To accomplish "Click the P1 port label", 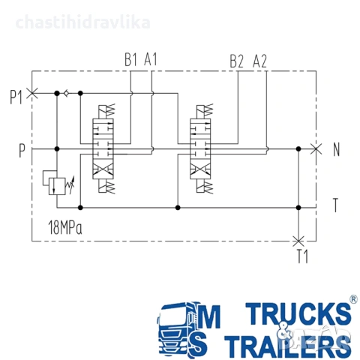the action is coord(16,97).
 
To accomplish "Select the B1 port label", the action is coord(130,59).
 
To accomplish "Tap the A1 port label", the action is coord(151,59).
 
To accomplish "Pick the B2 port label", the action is coord(236,61).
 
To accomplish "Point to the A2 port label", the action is coord(260,61).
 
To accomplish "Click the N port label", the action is coord(337,149).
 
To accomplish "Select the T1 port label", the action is coord(302,256).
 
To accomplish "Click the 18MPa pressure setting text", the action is coord(65,227).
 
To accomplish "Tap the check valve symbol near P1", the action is coord(67,93).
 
